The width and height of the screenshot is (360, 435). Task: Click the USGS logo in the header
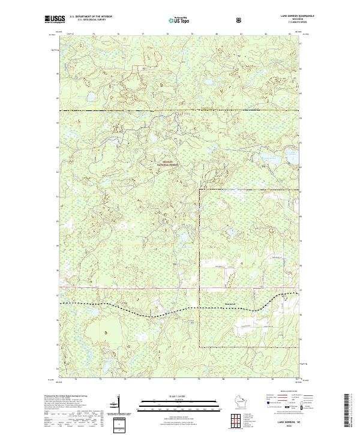[x=53, y=20]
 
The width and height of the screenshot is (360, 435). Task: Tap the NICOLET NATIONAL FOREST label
[x=167, y=163]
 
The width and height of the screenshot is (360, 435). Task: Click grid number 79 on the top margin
[x=191, y=34]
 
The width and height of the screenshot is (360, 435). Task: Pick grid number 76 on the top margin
[x=118, y=34]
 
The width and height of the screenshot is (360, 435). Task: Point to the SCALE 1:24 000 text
[x=172, y=397]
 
